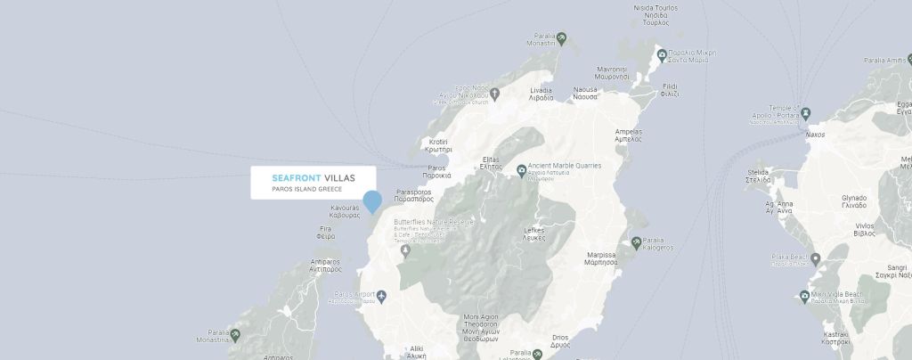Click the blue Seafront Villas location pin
(372, 201)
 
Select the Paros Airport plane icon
(382, 296)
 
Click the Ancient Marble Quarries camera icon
(521, 169)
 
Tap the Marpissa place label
(601, 258)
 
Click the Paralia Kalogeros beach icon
(636, 241)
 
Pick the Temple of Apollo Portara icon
(806, 113)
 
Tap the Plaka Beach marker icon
(815, 259)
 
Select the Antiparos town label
(326, 265)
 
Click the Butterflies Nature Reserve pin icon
(405, 250)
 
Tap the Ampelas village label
(628, 135)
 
